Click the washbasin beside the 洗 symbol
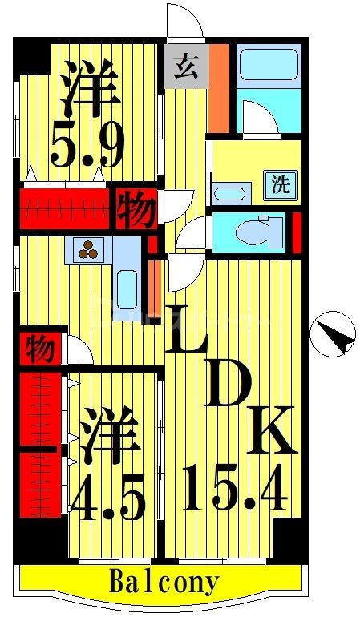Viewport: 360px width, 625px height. (233, 194)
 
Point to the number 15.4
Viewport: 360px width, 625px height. (234, 488)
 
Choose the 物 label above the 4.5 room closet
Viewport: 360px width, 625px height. (39, 349)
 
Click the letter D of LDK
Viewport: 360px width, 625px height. (228, 387)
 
